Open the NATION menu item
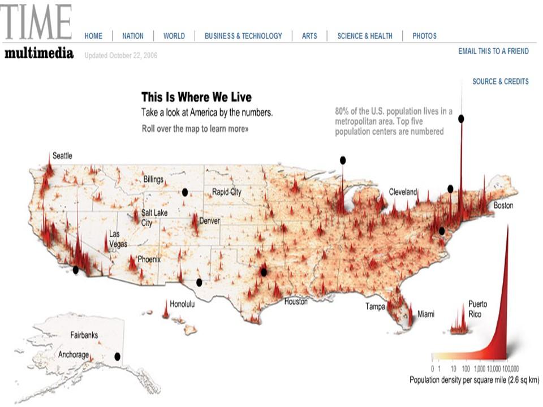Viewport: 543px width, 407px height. click(133, 36)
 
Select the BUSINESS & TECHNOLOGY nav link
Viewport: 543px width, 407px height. click(243, 36)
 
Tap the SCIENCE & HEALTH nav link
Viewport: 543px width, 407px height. click(365, 36)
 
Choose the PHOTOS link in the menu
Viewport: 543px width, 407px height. click(424, 36)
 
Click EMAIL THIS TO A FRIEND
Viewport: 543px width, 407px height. click(493, 51)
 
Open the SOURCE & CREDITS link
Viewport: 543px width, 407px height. click(501, 81)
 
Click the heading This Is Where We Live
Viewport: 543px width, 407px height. click(196, 97)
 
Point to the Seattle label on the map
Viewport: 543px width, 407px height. click(62, 155)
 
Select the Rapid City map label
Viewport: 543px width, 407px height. click(226, 192)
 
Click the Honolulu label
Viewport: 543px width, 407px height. click(182, 304)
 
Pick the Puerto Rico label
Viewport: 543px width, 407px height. click(477, 309)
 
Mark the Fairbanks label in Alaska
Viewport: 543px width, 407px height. click(84, 335)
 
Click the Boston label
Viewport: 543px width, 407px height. click(503, 206)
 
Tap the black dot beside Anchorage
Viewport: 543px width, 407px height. click(118, 357)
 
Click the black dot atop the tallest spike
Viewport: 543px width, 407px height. click(462, 119)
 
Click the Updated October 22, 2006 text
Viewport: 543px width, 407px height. click(121, 55)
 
